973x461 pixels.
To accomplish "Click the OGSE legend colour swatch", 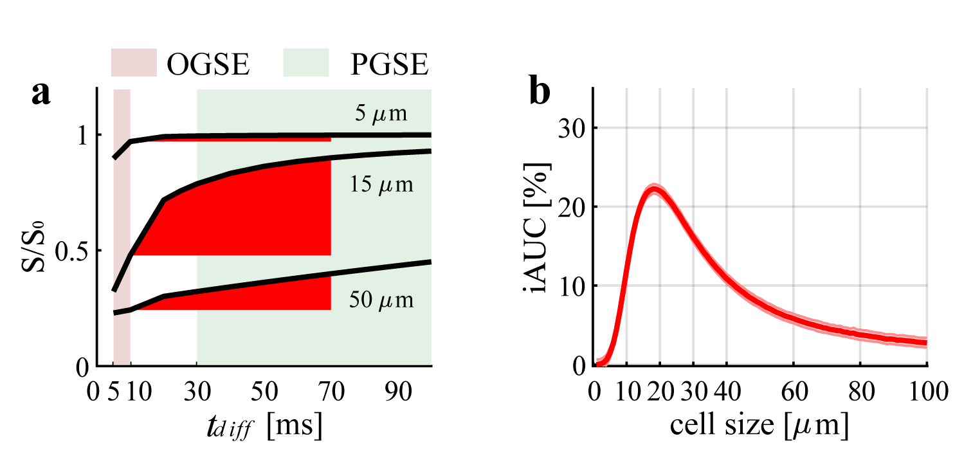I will coord(134,62).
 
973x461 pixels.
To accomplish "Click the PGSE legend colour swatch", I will coord(306,62).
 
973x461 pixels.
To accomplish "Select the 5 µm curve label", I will coord(382,114).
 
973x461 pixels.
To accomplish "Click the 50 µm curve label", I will coord(381,300).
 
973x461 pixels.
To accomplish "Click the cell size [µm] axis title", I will coord(759,426).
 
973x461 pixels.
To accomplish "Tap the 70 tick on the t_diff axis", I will coord(331,391).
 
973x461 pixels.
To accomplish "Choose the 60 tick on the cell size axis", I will coord(794,391).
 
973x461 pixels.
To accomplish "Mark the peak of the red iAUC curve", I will coord(654,191).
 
